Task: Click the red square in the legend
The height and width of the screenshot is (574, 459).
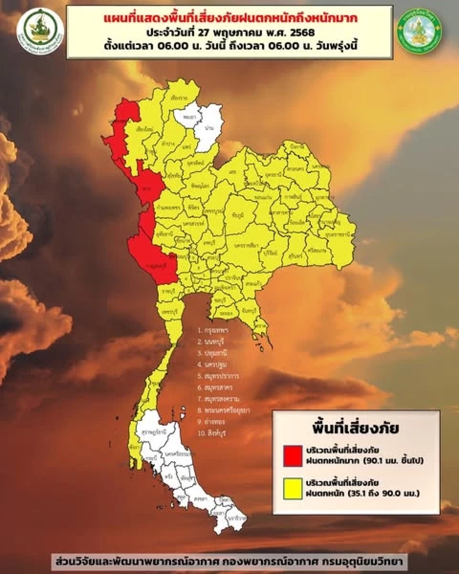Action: [293, 455]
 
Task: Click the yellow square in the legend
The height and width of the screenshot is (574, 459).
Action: [293, 487]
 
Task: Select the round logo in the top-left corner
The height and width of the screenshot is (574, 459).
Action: [40, 32]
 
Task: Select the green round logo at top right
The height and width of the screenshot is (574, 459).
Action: [419, 32]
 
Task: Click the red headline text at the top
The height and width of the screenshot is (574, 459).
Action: [229, 19]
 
